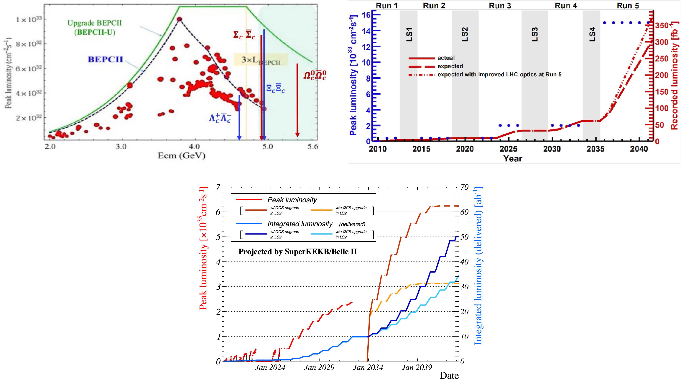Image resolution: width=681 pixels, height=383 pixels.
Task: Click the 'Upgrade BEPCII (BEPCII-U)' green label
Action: pyautogui.click(x=95, y=27)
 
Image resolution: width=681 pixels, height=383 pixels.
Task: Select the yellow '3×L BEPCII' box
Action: pyautogui.click(x=260, y=60)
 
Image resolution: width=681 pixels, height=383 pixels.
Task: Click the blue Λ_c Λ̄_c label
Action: pyautogui.click(x=220, y=118)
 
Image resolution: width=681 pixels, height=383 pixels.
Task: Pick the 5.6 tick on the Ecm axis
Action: pyautogui.click(x=312, y=147)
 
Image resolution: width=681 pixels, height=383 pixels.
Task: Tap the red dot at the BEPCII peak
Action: pyautogui.click(x=179, y=19)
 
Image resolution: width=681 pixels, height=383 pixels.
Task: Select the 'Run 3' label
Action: pyautogui.click(x=500, y=6)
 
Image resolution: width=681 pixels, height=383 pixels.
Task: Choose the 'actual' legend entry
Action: pyautogui.click(x=446, y=58)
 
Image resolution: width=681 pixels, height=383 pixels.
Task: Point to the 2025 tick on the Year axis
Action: pyautogui.click(x=508, y=149)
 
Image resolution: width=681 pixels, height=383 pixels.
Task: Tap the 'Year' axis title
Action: pyautogui.click(x=512, y=159)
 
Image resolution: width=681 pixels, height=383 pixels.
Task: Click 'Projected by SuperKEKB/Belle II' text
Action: pyautogui.click(x=297, y=251)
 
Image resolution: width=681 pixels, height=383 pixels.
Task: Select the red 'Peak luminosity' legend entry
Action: pyautogui.click(x=292, y=200)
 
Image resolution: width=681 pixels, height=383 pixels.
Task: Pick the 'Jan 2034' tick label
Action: pyautogui.click(x=368, y=368)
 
